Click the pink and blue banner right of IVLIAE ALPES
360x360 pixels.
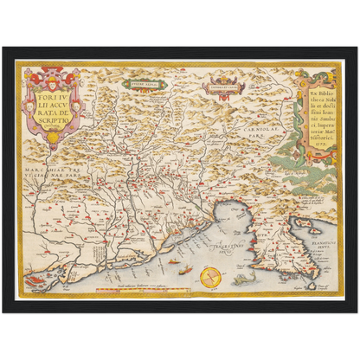[219, 86]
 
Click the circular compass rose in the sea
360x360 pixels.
[209, 279]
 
